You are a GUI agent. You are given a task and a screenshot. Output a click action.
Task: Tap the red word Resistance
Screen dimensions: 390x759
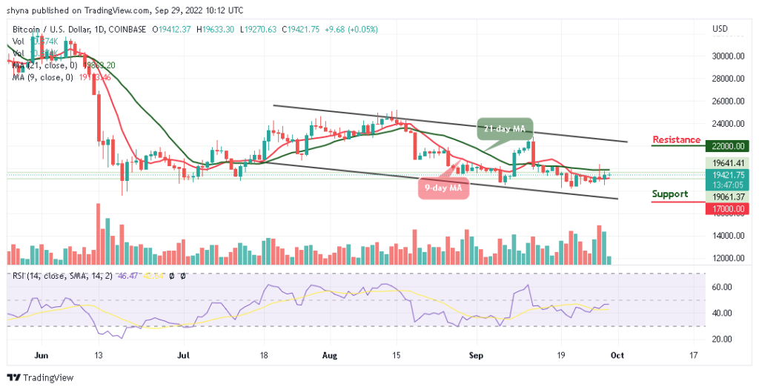tap(676, 139)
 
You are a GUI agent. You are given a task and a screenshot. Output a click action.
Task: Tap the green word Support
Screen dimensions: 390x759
tap(670, 194)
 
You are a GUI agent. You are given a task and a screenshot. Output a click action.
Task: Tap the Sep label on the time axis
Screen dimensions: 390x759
tap(477, 355)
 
